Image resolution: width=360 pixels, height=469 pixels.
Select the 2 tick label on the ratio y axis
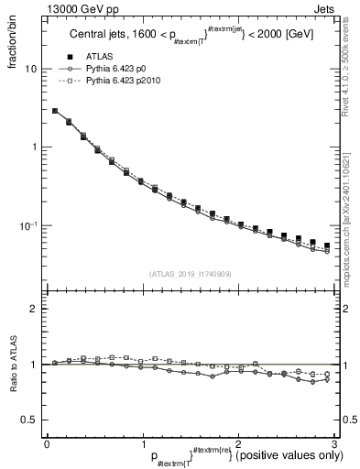pyautogui.click(x=34, y=309)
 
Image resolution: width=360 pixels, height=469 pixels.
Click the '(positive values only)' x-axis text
pyautogui.click(x=284, y=456)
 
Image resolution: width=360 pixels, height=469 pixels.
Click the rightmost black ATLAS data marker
pyautogui.click(x=327, y=245)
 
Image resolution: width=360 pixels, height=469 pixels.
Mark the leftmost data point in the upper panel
pyautogui.click(x=55, y=111)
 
